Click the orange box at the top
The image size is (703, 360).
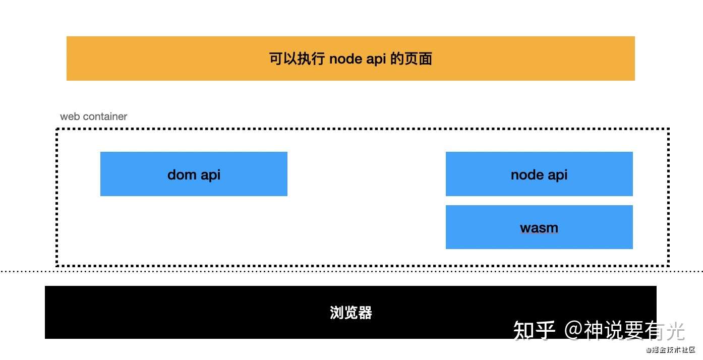(x=350, y=58)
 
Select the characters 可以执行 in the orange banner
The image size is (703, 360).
(x=297, y=58)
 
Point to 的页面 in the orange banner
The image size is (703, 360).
(x=411, y=58)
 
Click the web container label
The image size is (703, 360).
(x=93, y=116)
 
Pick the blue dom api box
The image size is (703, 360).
(x=194, y=174)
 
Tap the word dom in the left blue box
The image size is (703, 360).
(x=182, y=174)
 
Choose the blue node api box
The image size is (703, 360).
(x=539, y=174)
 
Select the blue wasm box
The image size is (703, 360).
(x=539, y=227)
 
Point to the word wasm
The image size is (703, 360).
(x=539, y=228)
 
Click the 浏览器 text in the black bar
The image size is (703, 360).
(x=351, y=313)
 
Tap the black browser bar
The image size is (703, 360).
(x=350, y=312)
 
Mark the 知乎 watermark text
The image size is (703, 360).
(x=534, y=330)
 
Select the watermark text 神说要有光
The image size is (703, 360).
(x=634, y=330)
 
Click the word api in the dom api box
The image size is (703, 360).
(x=210, y=175)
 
